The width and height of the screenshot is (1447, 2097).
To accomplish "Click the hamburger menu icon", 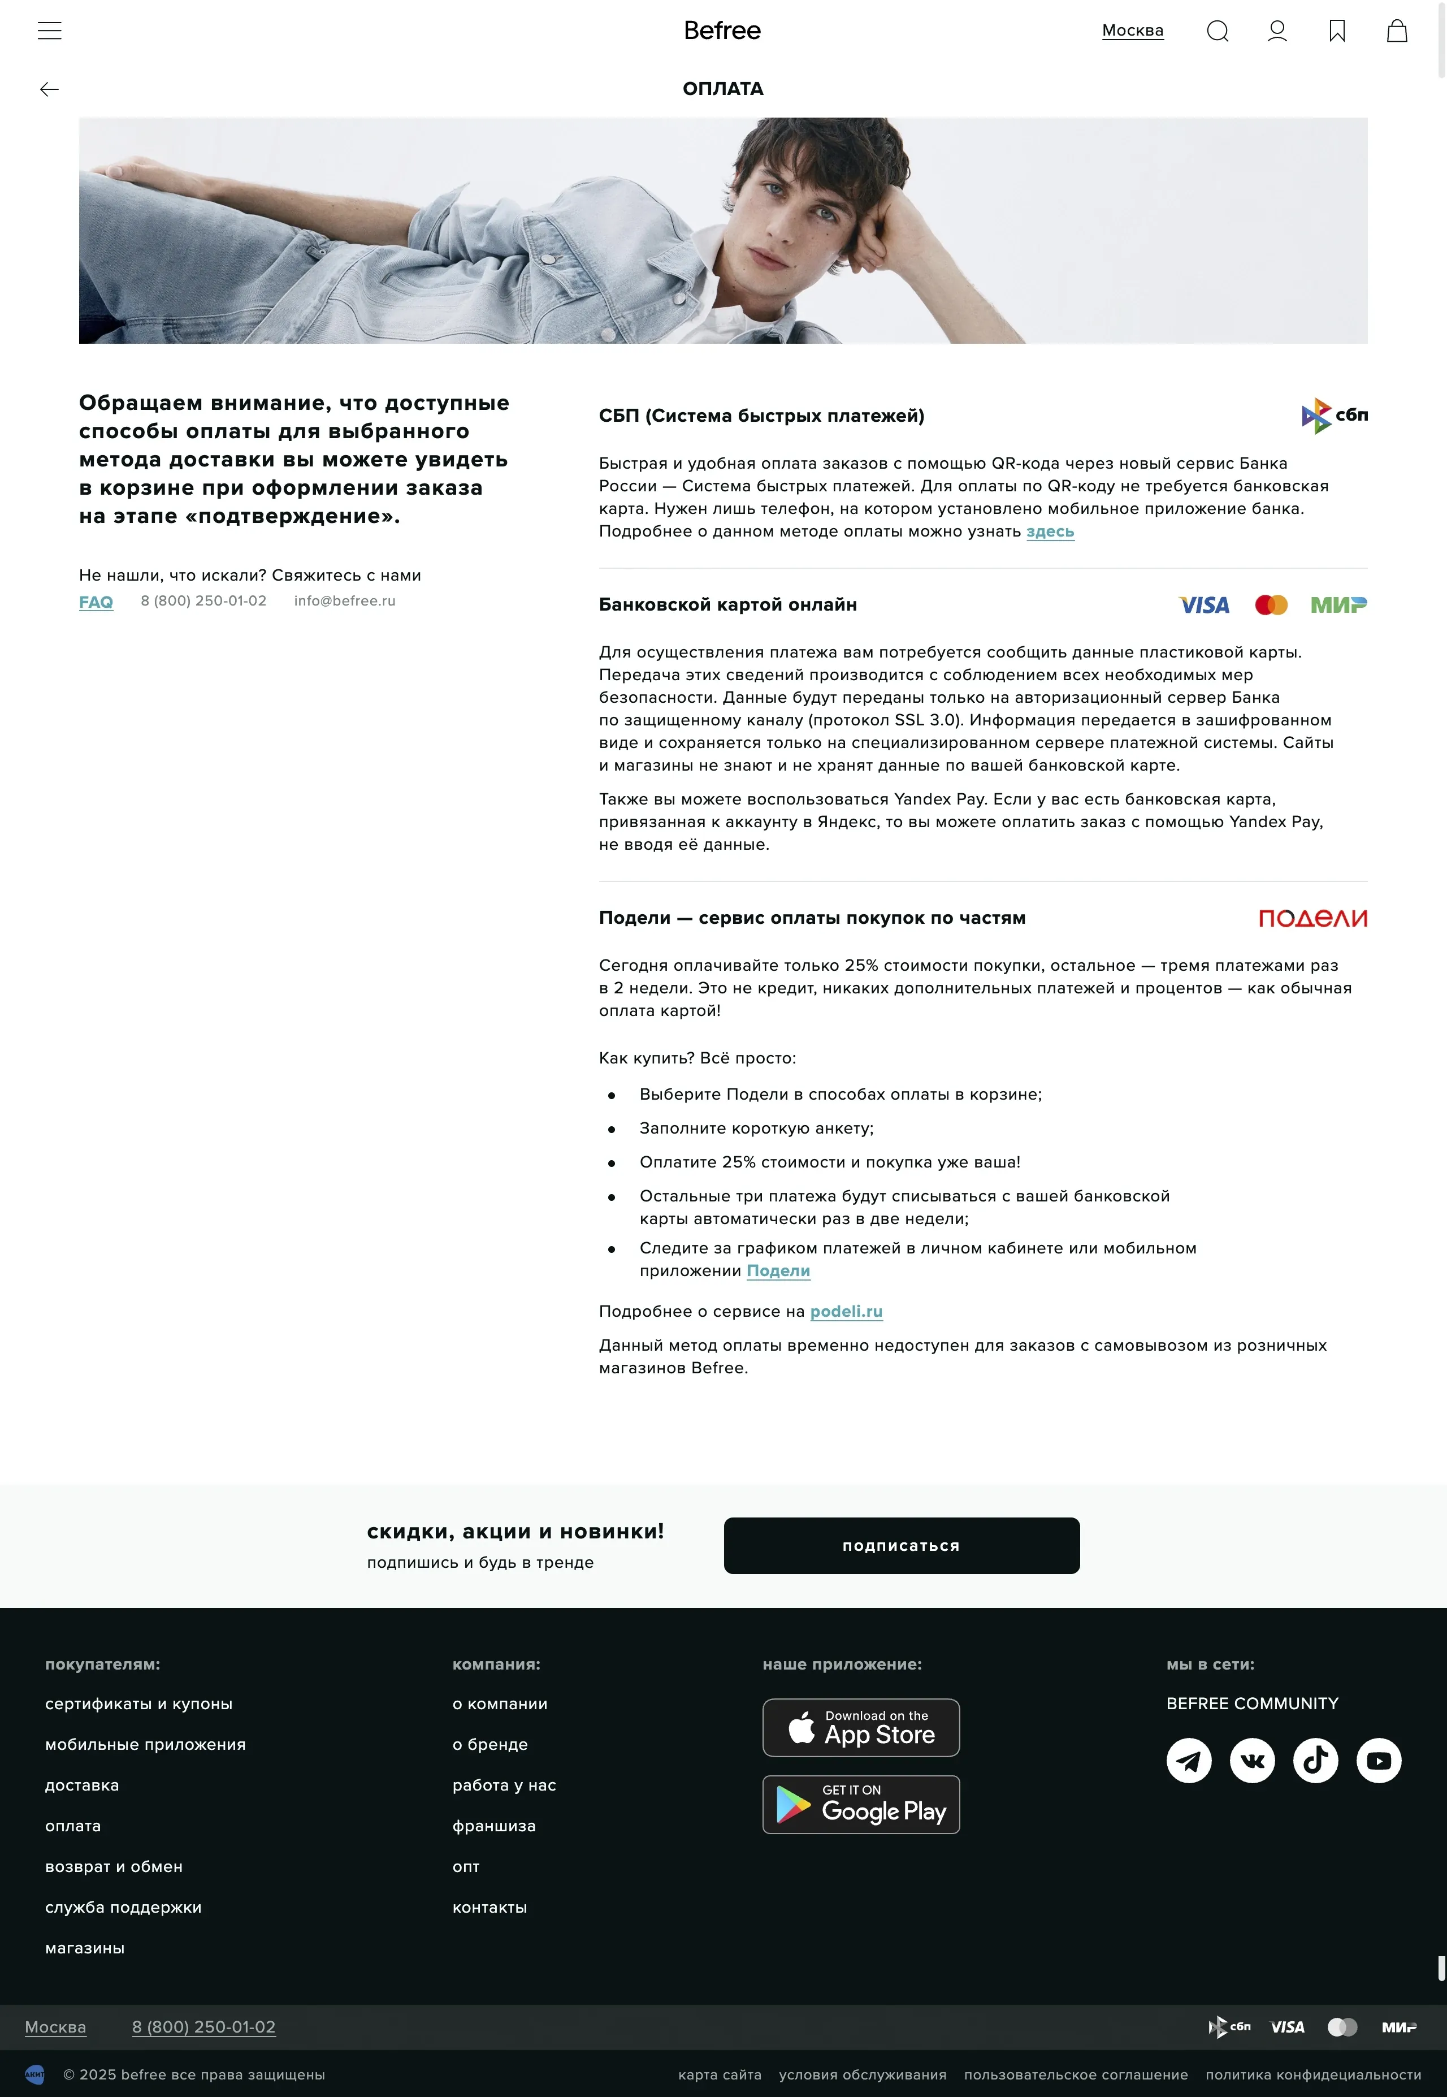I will pos(50,31).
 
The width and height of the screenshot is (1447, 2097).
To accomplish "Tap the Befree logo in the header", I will pos(722,31).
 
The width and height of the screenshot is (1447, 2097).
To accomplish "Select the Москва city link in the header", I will pos(1132,31).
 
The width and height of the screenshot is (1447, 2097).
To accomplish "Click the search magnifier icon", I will pos(1217,32).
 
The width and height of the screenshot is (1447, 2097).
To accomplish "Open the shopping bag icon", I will pos(1396,32).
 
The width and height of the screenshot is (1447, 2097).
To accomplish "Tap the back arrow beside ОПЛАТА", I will pos(50,89).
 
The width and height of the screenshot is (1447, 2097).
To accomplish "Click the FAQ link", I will pos(96,602).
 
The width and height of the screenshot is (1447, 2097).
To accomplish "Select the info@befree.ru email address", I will pos(345,601).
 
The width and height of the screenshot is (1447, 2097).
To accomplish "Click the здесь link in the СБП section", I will pos(1050,531).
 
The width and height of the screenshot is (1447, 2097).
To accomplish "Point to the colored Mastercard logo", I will pos(1271,605).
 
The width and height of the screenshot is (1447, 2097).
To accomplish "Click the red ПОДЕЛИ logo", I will pos(1312,918).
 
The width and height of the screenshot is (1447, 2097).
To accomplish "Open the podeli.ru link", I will pos(846,1311).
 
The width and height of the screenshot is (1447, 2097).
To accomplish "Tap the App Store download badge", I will pos(860,1727).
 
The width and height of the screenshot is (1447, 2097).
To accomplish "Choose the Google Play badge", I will pos(860,1804).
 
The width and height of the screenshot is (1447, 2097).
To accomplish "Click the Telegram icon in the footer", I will pos(1189,1761).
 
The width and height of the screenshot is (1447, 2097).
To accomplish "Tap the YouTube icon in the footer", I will pos(1378,1761).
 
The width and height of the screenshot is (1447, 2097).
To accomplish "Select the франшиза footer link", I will pos(494,1826).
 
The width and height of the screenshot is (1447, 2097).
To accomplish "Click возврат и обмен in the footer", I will pos(114,1867).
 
